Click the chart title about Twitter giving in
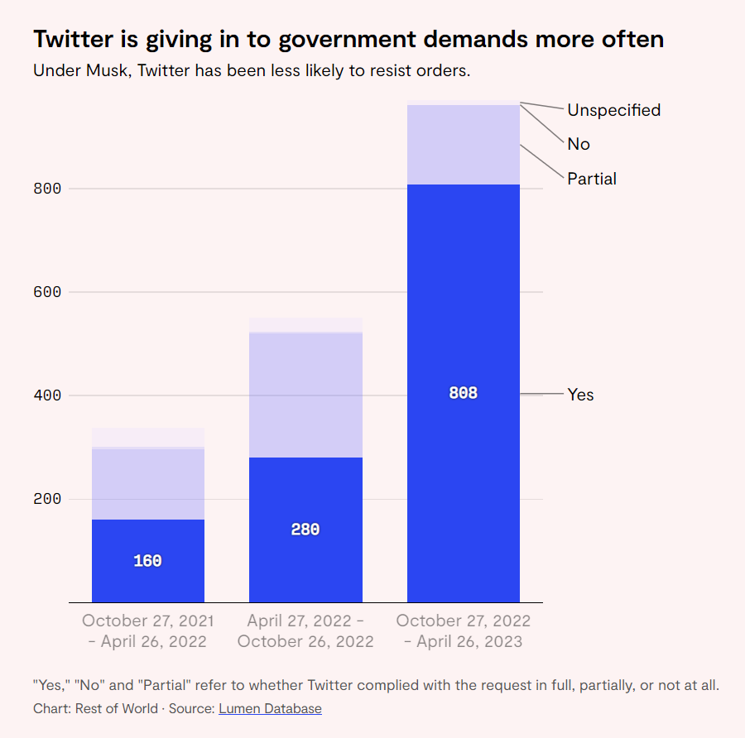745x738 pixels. [x=348, y=39]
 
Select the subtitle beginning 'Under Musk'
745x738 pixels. [x=252, y=70]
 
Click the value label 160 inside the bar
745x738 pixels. [x=147, y=561]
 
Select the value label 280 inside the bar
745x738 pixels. [x=305, y=530]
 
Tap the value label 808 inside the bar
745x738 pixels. [x=464, y=394]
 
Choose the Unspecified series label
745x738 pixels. [x=613, y=110]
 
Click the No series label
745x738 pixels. [x=579, y=144]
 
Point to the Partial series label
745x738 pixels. [x=592, y=179]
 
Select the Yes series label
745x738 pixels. [x=580, y=395]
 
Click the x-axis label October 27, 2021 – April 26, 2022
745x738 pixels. [x=147, y=631]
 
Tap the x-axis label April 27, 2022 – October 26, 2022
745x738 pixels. [x=305, y=631]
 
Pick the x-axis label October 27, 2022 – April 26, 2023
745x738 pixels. [x=464, y=631]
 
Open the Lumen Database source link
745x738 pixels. [x=270, y=708]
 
